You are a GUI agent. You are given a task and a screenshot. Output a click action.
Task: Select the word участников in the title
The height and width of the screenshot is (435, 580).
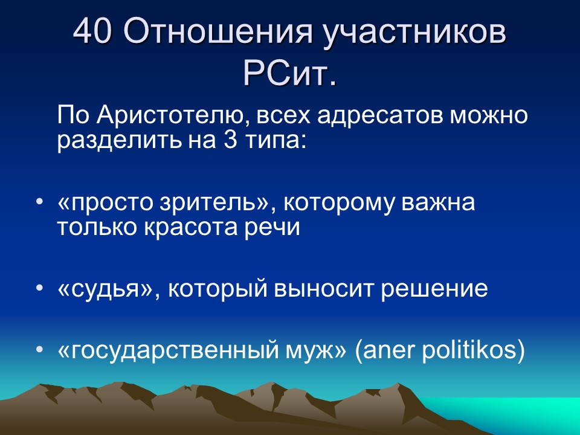[414, 33]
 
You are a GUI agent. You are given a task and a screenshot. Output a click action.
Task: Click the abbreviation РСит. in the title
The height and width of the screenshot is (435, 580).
[289, 74]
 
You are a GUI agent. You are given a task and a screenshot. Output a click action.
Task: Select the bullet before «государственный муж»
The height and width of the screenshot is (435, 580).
[39, 349]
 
